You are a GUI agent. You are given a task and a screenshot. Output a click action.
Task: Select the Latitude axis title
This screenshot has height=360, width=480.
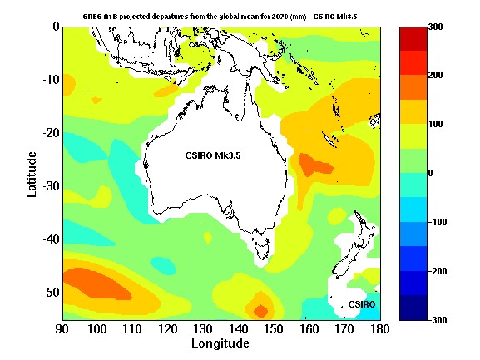(31, 174)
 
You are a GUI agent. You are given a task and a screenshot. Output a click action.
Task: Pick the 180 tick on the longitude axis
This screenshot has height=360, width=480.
(379, 328)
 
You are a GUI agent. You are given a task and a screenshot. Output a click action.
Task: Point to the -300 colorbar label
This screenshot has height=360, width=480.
(438, 320)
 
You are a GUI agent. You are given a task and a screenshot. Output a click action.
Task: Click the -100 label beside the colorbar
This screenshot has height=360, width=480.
(438, 222)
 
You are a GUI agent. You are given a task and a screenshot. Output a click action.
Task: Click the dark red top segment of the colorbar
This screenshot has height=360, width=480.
(413, 38)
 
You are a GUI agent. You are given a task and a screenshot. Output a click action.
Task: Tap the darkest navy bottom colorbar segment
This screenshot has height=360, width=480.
(413, 308)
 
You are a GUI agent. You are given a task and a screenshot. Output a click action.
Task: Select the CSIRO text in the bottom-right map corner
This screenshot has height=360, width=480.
(361, 305)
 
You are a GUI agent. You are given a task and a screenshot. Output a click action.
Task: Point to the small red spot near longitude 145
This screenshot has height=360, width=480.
(260, 311)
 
